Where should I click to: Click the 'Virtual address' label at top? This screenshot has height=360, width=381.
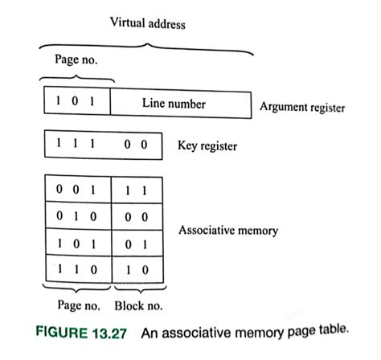pyautogui.click(x=148, y=24)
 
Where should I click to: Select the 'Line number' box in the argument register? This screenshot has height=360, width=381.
pyautogui.click(x=174, y=104)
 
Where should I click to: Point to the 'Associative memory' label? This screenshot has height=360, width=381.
pyautogui.click(x=227, y=231)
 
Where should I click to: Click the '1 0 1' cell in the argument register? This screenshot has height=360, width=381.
pyautogui.click(x=76, y=103)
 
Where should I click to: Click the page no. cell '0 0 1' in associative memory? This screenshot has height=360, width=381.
pyautogui.click(x=76, y=192)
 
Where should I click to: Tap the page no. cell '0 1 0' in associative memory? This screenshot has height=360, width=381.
pyautogui.click(x=76, y=218)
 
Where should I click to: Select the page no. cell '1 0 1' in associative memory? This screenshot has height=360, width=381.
pyautogui.click(x=76, y=243)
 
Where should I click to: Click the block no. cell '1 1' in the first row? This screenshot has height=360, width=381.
pyautogui.click(x=137, y=192)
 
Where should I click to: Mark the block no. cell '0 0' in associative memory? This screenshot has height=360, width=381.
pyautogui.click(x=137, y=218)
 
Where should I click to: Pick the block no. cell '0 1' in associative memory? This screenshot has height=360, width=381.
pyautogui.click(x=137, y=243)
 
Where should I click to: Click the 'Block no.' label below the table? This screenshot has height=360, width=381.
pyautogui.click(x=139, y=305)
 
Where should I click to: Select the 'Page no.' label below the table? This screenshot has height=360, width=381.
pyautogui.click(x=77, y=305)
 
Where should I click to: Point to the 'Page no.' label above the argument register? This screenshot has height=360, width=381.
pyautogui.click(x=76, y=59)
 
